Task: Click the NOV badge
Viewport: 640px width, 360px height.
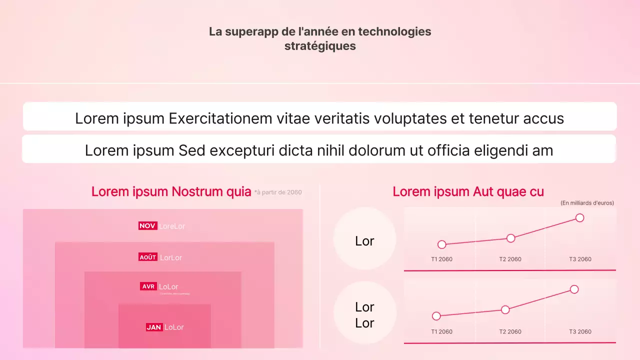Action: click(147, 226)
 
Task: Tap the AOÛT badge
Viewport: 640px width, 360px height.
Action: click(148, 257)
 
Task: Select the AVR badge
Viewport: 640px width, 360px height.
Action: click(148, 286)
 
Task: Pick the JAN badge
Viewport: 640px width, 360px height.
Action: click(154, 327)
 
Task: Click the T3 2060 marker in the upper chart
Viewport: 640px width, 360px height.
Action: click(579, 217)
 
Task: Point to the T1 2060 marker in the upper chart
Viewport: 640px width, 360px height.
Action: click(441, 244)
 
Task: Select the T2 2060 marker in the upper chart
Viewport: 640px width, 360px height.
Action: click(510, 238)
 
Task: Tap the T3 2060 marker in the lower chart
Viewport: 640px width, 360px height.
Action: click(574, 289)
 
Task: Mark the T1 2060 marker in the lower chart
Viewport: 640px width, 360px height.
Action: click(436, 316)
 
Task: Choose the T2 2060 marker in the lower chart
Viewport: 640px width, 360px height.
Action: click(505, 309)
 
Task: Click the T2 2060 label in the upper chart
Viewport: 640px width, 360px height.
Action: click(510, 259)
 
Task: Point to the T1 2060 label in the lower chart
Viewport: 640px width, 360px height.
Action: click(441, 332)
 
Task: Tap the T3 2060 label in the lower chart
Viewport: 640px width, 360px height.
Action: click(580, 332)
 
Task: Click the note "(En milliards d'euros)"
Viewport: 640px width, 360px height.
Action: click(587, 203)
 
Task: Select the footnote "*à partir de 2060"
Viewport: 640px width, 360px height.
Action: click(278, 192)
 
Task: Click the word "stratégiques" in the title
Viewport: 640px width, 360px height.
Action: click(320, 46)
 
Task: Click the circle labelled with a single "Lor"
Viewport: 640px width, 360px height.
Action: click(364, 241)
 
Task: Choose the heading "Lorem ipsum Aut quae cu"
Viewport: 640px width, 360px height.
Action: click(468, 191)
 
